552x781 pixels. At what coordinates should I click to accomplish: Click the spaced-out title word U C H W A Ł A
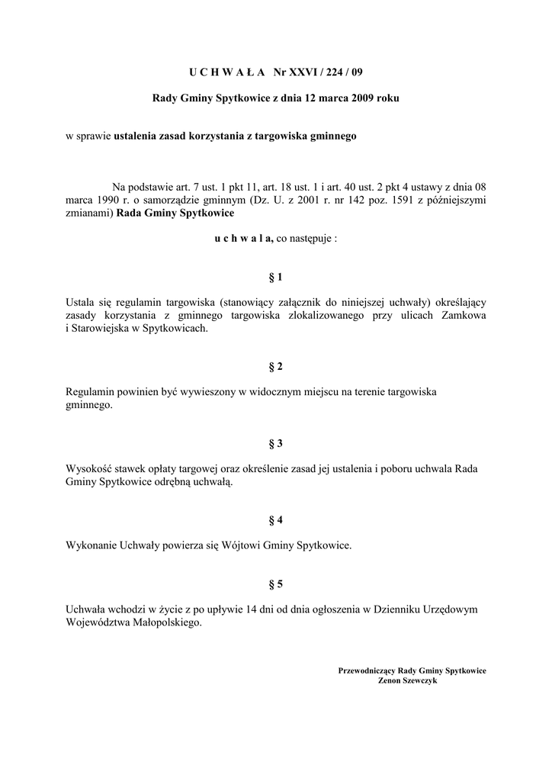coord(226,72)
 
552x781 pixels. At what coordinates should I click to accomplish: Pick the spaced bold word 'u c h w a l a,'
coord(244,238)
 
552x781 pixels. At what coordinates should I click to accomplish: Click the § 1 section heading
coord(276,277)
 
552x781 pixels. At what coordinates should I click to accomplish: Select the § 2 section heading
coord(276,367)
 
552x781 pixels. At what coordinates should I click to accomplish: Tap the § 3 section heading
coord(276,443)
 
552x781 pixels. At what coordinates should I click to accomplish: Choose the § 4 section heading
coord(276,520)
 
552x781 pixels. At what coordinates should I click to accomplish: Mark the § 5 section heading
coord(276,584)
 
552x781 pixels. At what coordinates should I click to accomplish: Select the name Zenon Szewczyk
coord(412,680)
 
